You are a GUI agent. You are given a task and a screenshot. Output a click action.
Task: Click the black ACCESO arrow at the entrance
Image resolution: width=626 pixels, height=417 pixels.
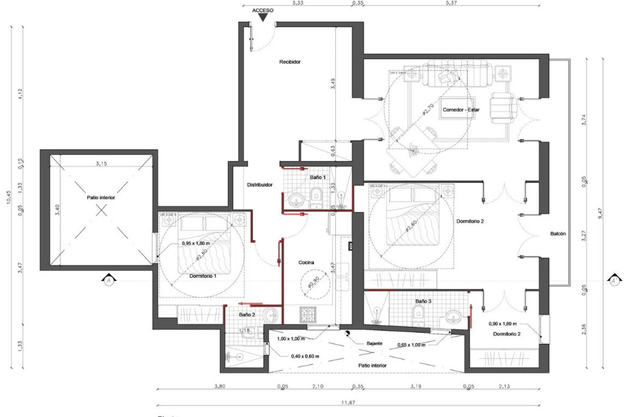click(x=263, y=18)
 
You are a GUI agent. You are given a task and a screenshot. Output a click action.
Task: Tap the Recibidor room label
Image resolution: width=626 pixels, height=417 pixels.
click(x=290, y=62)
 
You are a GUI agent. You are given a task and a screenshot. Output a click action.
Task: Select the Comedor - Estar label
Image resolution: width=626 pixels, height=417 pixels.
click(x=461, y=110)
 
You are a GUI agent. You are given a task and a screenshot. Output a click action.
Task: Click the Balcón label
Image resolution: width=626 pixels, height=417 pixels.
click(x=558, y=234)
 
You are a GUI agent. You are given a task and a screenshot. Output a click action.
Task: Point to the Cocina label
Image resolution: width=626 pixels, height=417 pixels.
click(x=306, y=263)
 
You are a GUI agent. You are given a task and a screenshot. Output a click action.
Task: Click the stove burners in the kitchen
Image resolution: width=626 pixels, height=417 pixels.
click(x=308, y=315)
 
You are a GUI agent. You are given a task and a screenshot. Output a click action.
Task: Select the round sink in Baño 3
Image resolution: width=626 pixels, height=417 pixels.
click(x=454, y=317)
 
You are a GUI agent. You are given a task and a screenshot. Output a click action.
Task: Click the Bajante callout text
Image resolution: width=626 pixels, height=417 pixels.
click(x=374, y=343)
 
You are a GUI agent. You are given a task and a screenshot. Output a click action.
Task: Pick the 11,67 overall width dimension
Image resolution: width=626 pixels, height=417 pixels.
click(x=348, y=402)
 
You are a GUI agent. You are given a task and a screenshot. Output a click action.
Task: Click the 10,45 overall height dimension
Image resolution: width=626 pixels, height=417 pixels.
click(x=9, y=197)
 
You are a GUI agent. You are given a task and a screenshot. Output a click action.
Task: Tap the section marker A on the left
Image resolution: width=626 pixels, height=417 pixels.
click(x=109, y=280)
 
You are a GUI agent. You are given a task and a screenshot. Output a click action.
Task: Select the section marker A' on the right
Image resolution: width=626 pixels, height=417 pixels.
click(x=614, y=280)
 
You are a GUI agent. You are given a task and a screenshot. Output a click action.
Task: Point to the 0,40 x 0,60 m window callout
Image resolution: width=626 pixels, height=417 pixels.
click(x=305, y=356)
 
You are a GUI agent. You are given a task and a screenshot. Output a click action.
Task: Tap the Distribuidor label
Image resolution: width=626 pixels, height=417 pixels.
click(x=260, y=185)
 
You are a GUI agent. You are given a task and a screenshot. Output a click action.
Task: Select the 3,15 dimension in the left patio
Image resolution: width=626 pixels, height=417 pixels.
click(x=101, y=164)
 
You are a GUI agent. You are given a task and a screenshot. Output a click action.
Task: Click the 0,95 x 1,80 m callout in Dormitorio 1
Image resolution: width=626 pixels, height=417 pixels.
click(x=196, y=244)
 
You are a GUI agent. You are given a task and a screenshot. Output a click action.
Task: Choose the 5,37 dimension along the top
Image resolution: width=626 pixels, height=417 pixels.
click(x=451, y=3)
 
